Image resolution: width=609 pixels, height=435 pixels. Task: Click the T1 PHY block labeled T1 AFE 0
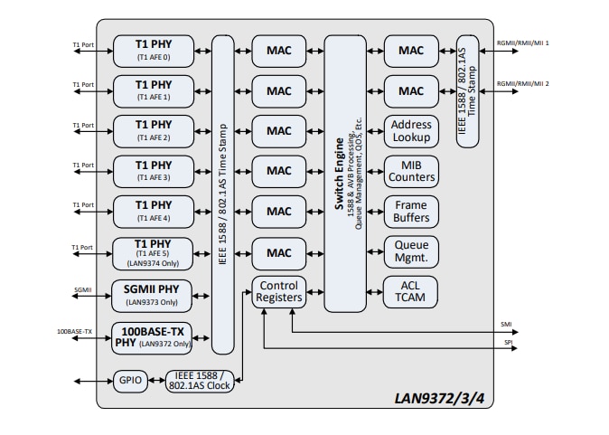tap(153, 51)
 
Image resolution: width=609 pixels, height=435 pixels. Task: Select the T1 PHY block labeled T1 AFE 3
tap(153, 171)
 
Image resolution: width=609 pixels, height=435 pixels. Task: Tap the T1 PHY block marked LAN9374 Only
tap(153, 253)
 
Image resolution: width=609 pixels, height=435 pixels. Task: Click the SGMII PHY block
tap(153, 294)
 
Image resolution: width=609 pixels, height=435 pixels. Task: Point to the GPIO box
tap(131, 381)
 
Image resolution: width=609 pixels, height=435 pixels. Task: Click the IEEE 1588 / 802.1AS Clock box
tap(200, 381)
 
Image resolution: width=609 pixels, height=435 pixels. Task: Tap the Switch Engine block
tap(351, 173)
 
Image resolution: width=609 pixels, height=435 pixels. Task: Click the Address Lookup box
tap(411, 131)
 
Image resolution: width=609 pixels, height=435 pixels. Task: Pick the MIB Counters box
tap(411, 171)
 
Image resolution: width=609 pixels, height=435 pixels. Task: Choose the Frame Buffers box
tap(411, 212)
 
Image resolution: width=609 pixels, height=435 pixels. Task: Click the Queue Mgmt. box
tap(411, 251)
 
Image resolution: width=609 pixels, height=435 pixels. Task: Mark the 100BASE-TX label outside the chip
tap(75, 332)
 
